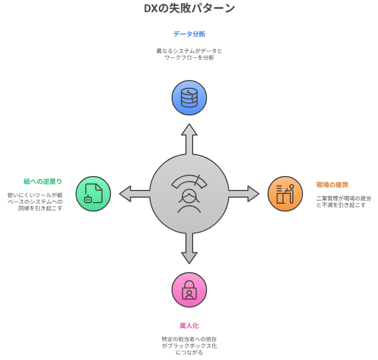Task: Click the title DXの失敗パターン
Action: tap(189, 8)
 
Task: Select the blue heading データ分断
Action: tap(189, 34)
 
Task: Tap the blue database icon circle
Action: tap(189, 98)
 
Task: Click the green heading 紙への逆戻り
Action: tap(42, 181)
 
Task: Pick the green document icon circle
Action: tap(93, 193)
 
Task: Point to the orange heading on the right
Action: tap(332, 184)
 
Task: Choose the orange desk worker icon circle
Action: tap(285, 193)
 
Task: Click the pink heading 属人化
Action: tap(189, 325)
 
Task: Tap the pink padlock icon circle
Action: tap(189, 289)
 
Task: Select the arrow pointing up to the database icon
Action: tap(189, 139)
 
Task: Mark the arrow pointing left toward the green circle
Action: tap(134, 193)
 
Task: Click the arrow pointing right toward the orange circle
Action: tap(244, 193)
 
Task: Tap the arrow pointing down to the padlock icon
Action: tap(189, 248)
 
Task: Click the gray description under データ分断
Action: tap(189, 54)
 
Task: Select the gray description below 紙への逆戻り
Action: tap(35, 201)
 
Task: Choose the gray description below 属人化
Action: tap(189, 345)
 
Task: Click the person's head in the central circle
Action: tap(189, 198)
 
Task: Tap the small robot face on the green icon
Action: tap(88, 200)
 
